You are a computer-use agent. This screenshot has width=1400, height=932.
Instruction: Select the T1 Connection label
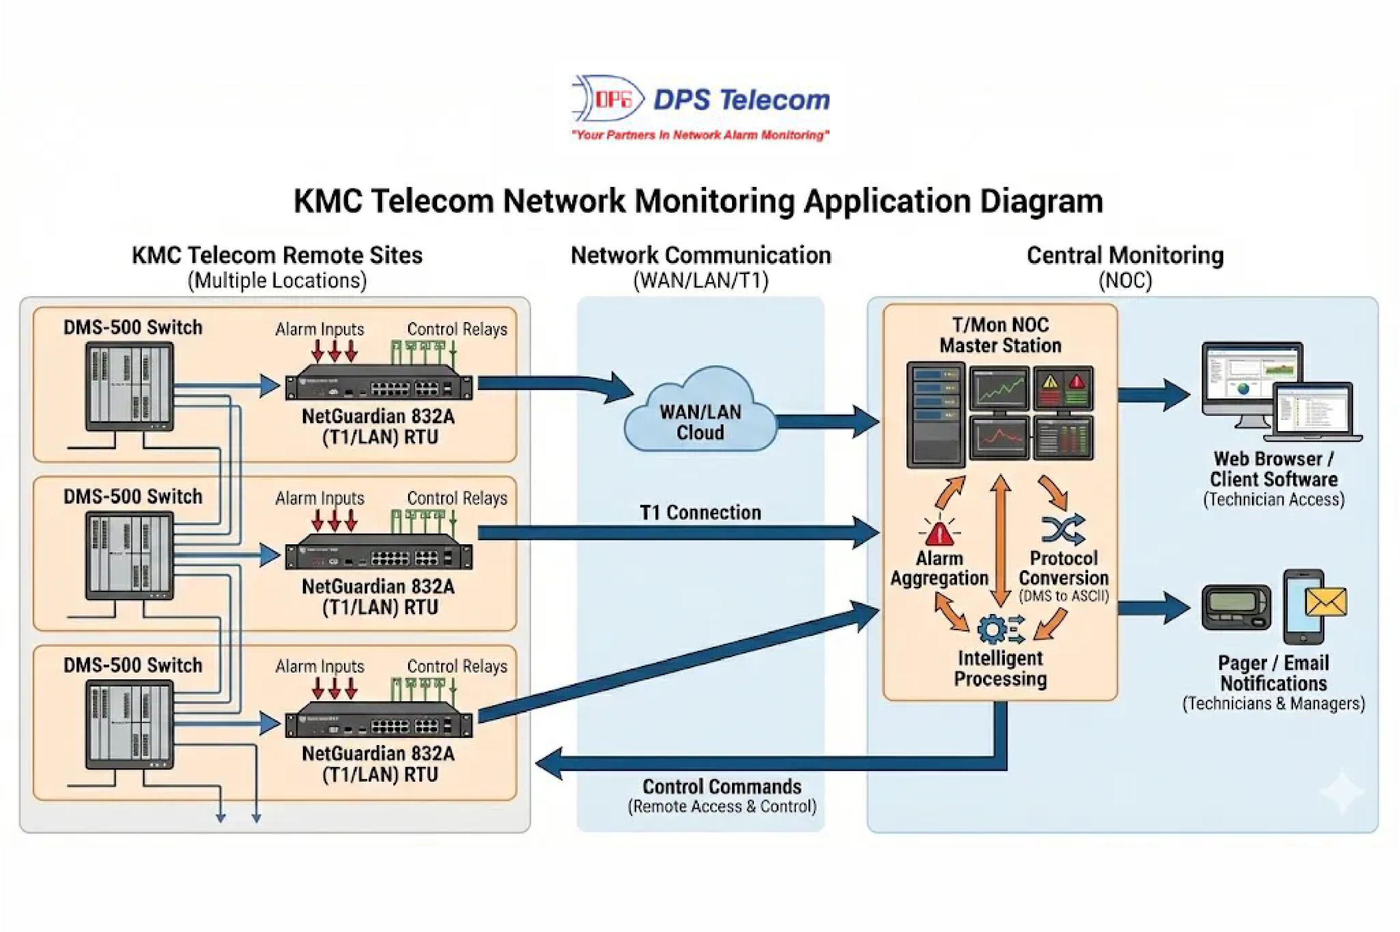click(x=700, y=513)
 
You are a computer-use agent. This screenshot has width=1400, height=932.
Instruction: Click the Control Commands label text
click(x=722, y=786)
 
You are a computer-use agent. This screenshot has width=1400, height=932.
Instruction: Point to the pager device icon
click(x=1236, y=607)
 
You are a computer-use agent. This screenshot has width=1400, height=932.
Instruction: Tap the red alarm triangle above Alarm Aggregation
click(x=939, y=533)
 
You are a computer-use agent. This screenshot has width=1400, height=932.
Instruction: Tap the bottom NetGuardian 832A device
click(x=379, y=720)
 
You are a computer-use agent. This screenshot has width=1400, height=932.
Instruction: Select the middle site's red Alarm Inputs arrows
click(x=334, y=520)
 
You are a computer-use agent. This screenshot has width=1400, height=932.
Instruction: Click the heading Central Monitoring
click(x=1125, y=256)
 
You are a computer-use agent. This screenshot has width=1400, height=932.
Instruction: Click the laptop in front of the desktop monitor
click(x=1315, y=412)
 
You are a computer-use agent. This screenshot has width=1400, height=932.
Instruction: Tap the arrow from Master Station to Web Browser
click(x=1153, y=395)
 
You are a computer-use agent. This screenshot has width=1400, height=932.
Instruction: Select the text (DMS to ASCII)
click(x=1064, y=596)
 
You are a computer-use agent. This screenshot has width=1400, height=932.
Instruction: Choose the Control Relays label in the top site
click(x=456, y=329)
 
